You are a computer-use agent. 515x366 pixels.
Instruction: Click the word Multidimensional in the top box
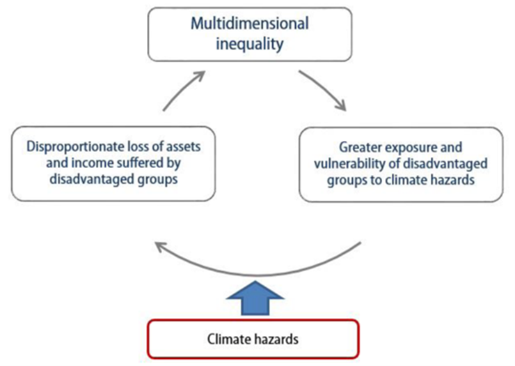coord(249,24)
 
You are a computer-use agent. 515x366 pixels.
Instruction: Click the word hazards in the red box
coord(276,340)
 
